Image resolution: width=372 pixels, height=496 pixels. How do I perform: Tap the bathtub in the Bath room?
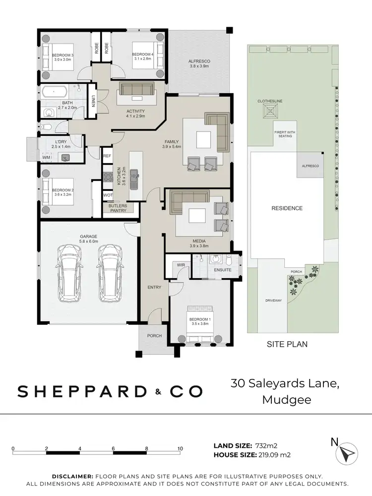point(55,92)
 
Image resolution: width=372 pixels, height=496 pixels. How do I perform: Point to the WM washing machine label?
point(46,158)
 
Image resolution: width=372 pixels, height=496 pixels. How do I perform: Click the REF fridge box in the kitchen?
point(107,156)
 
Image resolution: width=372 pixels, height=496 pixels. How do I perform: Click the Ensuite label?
point(223,270)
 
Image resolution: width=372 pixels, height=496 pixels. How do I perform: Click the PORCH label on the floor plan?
point(154,336)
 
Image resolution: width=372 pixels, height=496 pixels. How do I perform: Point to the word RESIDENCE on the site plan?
point(287,208)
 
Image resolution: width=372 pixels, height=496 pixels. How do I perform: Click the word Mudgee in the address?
point(286,399)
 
